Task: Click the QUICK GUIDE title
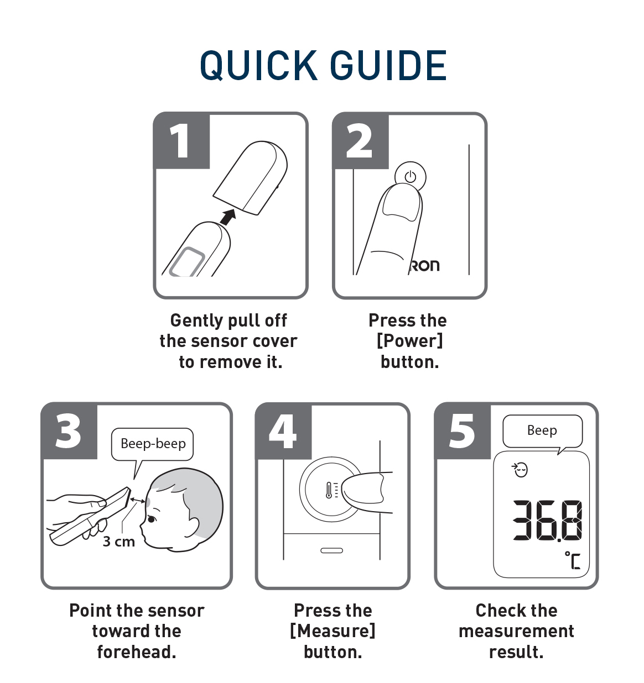click(x=323, y=65)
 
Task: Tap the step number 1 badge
click(x=182, y=141)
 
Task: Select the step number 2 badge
click(x=361, y=141)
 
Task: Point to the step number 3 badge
click(x=69, y=431)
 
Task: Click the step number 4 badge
click(x=283, y=431)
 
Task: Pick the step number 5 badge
click(x=463, y=431)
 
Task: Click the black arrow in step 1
click(x=228, y=217)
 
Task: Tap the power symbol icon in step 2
click(x=410, y=177)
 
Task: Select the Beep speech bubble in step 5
click(x=542, y=432)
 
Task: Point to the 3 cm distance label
click(x=119, y=542)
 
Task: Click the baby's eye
click(x=151, y=519)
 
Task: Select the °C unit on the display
click(x=573, y=560)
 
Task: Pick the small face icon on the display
click(x=520, y=470)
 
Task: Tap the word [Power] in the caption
click(x=410, y=341)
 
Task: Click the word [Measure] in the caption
click(x=333, y=631)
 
